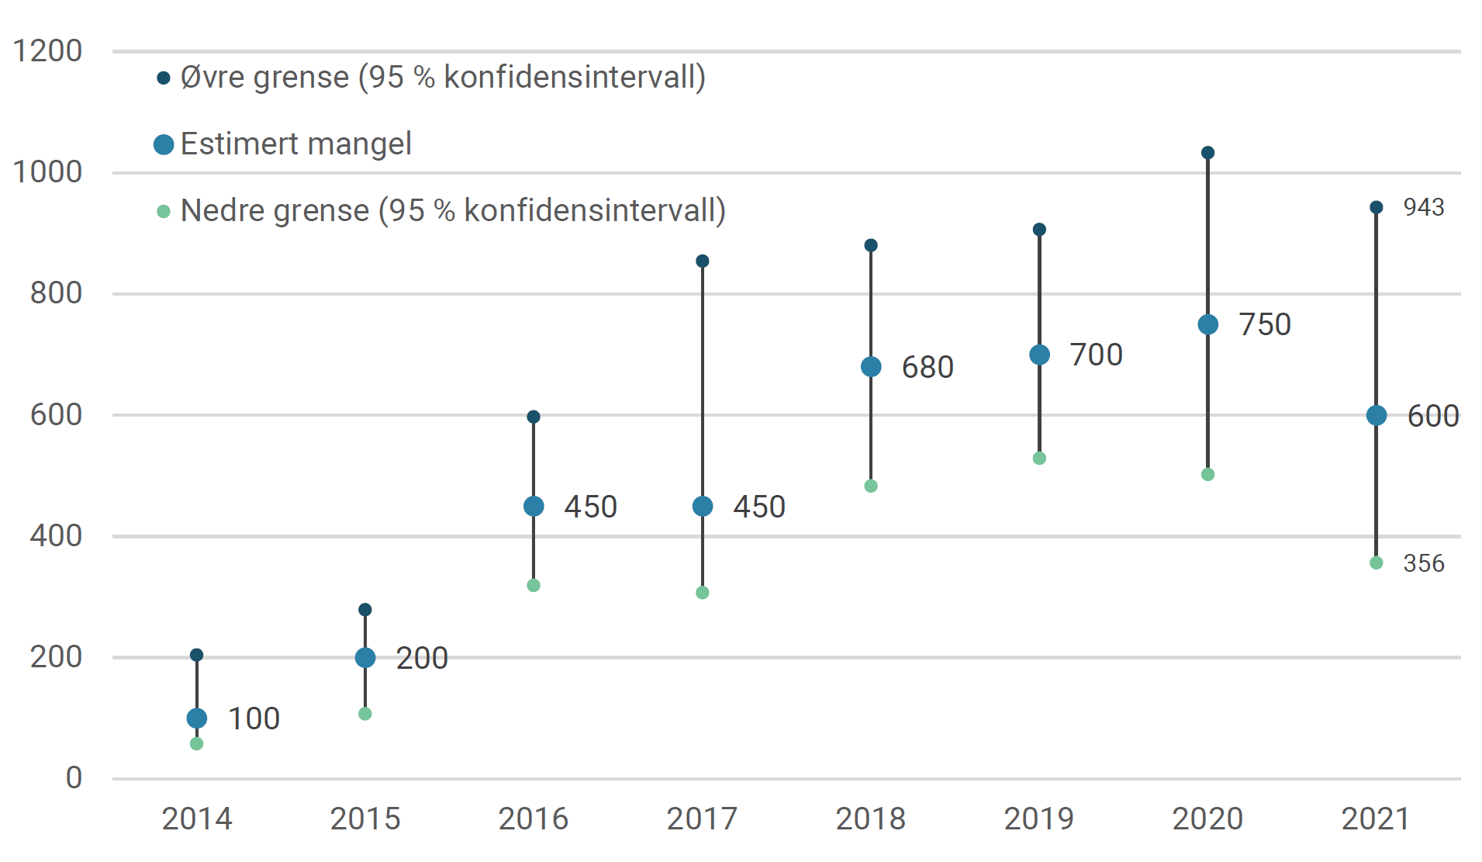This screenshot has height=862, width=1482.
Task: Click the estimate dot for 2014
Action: (197, 718)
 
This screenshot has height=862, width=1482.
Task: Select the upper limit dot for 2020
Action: (1207, 153)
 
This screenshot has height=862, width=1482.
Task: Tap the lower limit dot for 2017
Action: (703, 593)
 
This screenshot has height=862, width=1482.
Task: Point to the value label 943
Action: (1423, 207)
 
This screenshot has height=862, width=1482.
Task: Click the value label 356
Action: (1423, 563)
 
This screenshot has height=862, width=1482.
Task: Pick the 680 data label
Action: (927, 367)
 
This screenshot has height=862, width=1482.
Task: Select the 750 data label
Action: (1264, 324)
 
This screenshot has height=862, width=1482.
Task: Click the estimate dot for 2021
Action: (1377, 415)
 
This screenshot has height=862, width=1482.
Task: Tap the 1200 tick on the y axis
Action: (47, 51)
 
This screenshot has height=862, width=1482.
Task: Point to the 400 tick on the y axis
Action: (56, 535)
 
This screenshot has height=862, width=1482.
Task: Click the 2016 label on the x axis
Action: (534, 819)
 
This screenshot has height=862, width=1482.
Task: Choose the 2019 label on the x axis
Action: (1039, 819)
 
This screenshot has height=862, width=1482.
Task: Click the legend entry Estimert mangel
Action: (295, 144)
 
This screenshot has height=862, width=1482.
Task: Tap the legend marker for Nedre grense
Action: (164, 211)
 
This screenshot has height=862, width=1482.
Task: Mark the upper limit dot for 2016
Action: (534, 417)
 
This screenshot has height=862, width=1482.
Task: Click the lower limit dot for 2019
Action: (1039, 459)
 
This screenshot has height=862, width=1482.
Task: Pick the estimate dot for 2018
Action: (871, 367)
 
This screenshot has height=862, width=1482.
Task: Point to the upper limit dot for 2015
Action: (365, 610)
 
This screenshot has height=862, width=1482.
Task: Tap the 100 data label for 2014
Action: (254, 718)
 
